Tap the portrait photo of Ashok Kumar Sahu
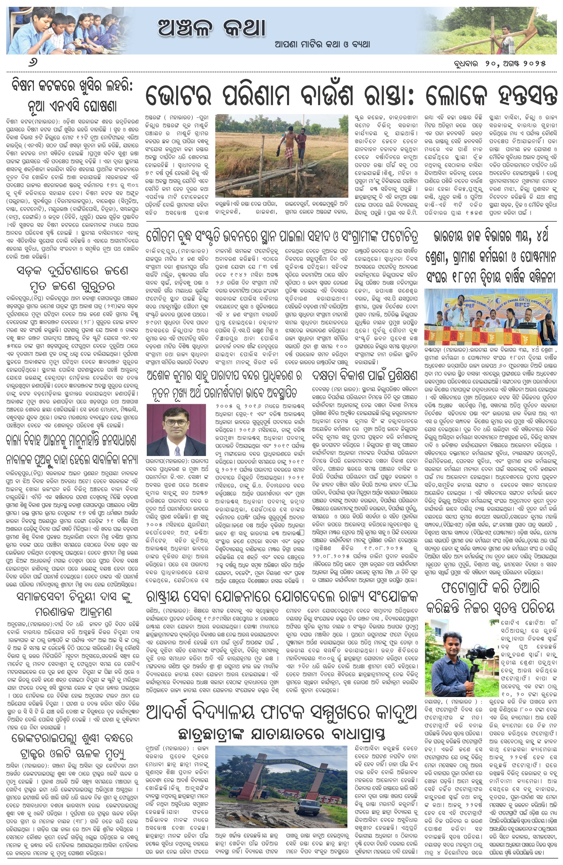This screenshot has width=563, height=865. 176,430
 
